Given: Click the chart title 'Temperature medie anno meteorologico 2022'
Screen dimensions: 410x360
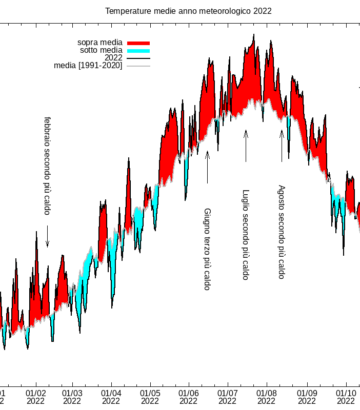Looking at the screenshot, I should [x=188, y=11].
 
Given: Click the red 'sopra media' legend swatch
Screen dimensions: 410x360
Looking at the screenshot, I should [x=138, y=43].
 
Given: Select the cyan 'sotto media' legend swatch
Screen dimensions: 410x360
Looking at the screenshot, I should [x=138, y=50].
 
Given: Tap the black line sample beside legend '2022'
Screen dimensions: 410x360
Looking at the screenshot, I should [x=138, y=58].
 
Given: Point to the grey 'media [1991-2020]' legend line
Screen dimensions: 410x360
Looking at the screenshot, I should [x=138, y=66].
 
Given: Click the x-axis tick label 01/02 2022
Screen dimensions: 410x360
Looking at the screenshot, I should [x=36, y=397].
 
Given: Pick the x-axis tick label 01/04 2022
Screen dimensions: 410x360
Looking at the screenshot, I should [x=111, y=397].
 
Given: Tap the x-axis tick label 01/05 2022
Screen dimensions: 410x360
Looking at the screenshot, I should [x=150, y=397].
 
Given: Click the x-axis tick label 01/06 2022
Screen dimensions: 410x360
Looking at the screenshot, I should [x=189, y=397].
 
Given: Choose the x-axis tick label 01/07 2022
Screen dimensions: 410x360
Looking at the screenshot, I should [x=228, y=397].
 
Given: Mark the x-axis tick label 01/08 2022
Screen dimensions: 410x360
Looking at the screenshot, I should [x=267, y=397].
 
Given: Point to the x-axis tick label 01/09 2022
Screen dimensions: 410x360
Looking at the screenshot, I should [x=307, y=397].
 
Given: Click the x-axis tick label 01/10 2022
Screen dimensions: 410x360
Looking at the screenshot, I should [x=346, y=397].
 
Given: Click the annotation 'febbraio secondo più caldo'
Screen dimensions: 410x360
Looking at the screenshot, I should [x=47, y=166].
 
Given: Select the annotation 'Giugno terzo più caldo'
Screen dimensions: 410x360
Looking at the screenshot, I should [x=207, y=249].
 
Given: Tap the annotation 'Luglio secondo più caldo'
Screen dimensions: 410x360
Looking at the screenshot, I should [x=246, y=235].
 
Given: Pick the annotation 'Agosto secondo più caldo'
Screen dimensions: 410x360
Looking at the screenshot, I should [x=281, y=232].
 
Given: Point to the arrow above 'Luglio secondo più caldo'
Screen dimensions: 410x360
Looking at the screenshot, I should [x=246, y=146].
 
